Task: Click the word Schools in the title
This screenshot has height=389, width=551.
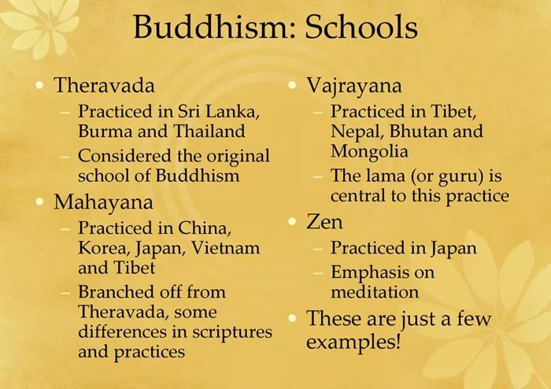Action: [361, 27]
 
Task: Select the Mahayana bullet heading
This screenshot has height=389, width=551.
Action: [103, 202]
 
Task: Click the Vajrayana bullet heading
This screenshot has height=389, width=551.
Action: [354, 86]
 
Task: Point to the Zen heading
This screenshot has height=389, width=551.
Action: [324, 222]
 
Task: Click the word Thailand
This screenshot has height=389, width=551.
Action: [209, 131]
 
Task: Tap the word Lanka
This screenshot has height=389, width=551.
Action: [232, 112]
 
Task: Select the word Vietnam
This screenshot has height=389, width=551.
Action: [225, 248]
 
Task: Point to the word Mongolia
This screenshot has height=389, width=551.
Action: [369, 152]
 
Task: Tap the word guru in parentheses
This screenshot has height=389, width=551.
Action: [461, 176]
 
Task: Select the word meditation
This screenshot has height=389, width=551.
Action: [375, 291]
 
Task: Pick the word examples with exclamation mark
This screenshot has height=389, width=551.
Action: [353, 342]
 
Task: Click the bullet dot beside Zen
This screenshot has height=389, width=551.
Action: [292, 221]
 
